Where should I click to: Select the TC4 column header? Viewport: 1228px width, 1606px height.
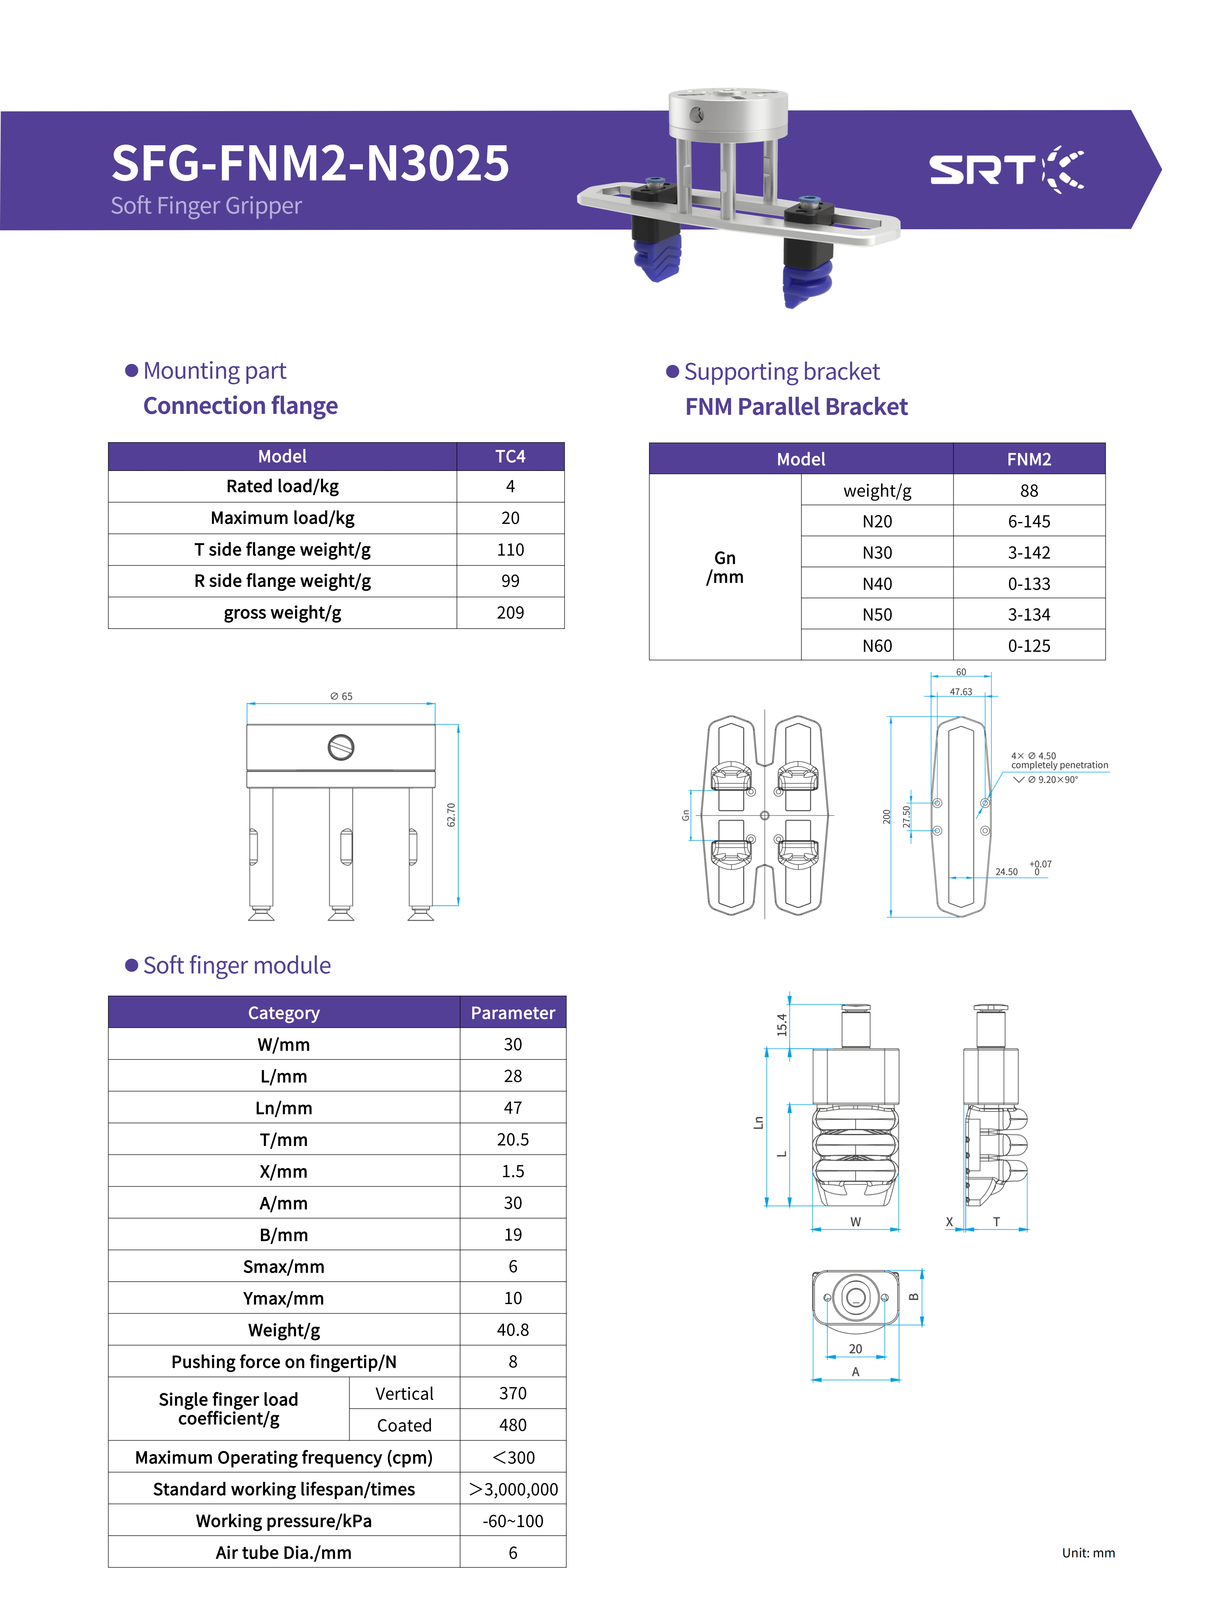[510, 456]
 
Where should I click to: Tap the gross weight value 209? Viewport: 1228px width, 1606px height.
[510, 613]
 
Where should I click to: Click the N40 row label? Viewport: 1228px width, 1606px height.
[877, 584]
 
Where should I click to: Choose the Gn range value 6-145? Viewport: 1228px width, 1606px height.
[1029, 521]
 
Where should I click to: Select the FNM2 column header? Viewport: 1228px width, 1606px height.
[1029, 459]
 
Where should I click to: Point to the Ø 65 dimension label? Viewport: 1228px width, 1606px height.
[341, 696]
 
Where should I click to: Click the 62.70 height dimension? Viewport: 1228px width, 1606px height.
[451, 815]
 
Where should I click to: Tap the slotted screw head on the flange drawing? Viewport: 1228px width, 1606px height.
[341, 748]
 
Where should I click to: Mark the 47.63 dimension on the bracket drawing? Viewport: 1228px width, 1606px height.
[961, 692]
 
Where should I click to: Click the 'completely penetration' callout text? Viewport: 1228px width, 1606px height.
[1060, 765]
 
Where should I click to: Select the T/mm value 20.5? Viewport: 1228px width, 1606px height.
[513, 1139]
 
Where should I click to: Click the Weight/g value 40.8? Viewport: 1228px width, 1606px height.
[513, 1330]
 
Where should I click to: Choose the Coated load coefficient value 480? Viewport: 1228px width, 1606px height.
[513, 1425]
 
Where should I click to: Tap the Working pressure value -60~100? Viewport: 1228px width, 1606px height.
[513, 1521]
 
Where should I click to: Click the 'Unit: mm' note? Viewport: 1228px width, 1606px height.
[1088, 1553]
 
